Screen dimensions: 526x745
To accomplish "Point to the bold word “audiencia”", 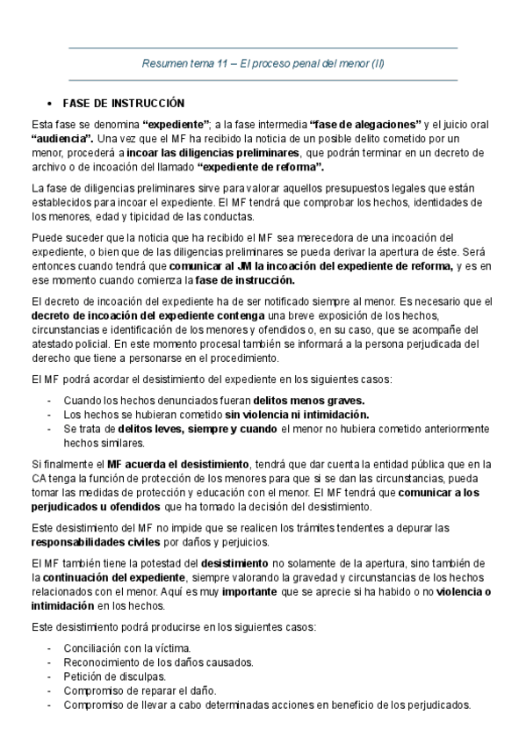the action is coord(62,139).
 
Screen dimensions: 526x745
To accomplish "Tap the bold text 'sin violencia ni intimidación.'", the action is coord(297,414).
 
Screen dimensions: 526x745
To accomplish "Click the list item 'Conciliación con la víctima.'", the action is coord(127,648).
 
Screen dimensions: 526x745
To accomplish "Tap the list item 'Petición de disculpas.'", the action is coord(112,676).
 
